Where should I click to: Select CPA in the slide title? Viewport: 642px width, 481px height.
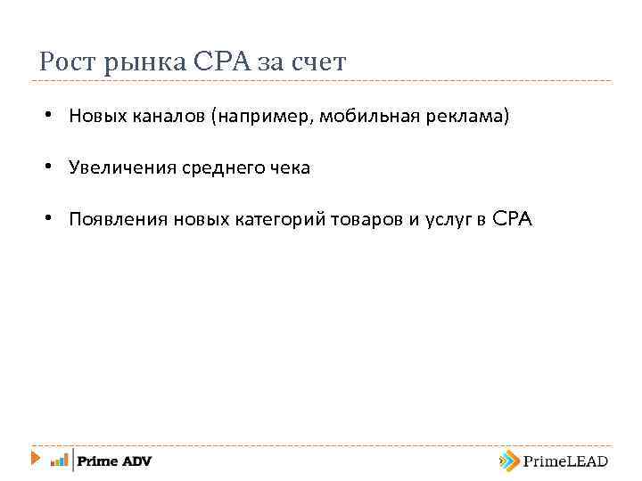pos(223,62)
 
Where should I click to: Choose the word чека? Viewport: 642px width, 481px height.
pos(289,168)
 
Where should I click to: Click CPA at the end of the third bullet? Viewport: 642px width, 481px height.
pos(512,219)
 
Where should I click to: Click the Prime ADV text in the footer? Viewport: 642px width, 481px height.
pos(114,461)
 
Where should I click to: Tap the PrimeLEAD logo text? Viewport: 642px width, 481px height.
pos(565,461)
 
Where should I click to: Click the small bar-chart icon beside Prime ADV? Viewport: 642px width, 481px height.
pos(60,461)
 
